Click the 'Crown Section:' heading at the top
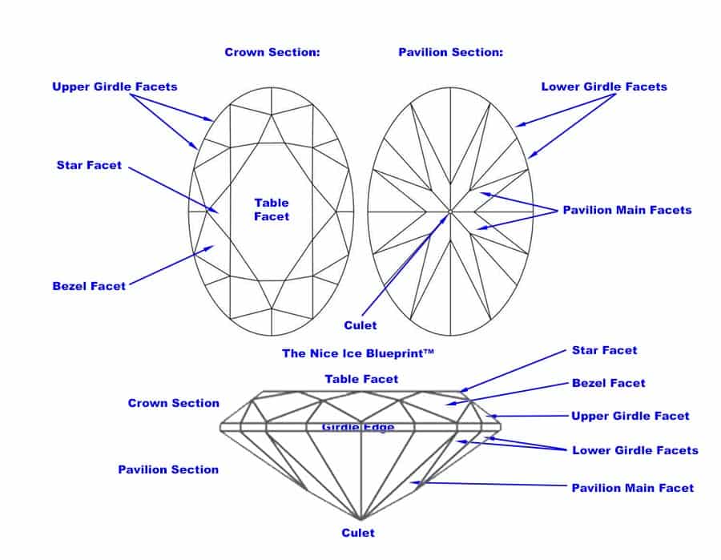[272, 52]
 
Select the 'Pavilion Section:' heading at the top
[450, 52]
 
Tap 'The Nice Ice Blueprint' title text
[357, 353]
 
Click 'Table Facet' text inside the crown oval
[272, 209]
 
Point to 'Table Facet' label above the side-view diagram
[361, 379]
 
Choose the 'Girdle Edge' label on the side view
[358, 427]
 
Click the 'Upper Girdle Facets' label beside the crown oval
[115, 87]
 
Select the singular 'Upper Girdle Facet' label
[630, 416]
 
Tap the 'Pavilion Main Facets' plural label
[626, 210]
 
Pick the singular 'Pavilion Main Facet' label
[632, 487]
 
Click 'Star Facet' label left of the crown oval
[89, 165]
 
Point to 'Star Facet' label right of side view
[604, 350]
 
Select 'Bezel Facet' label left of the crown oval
[88, 286]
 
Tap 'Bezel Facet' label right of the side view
[608, 383]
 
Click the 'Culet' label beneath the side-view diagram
[357, 532]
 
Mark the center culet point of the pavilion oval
[450, 212]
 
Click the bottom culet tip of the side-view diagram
[360, 518]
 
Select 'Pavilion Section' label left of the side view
[168, 469]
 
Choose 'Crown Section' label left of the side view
[173, 403]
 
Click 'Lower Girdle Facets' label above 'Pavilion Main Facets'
[604, 87]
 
